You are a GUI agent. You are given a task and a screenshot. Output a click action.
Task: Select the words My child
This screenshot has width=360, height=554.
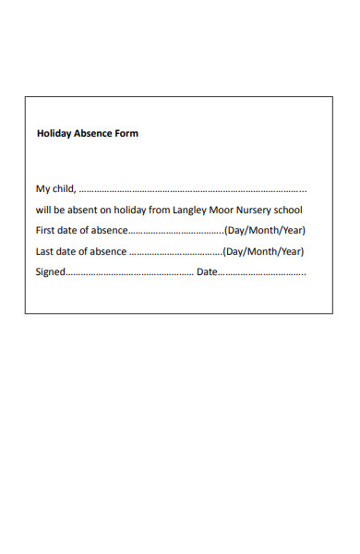coord(55,189)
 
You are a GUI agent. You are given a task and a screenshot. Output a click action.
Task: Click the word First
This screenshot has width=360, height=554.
coord(45,230)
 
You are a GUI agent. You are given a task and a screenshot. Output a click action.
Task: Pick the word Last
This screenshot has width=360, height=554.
coord(45,251)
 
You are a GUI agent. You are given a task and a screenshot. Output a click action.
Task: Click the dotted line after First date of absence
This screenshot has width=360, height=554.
coord(175,231)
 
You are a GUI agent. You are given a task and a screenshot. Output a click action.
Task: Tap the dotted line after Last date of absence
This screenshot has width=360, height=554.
coord(175,252)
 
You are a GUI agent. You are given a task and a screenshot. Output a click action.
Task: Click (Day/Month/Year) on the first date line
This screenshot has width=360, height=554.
coord(265,230)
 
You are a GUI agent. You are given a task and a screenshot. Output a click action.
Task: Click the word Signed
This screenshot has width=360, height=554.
coord(51,272)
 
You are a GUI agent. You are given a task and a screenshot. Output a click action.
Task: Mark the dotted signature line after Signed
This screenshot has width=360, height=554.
coord(129,273)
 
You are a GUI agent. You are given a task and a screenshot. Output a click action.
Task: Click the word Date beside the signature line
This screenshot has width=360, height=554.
coord(206,271)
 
